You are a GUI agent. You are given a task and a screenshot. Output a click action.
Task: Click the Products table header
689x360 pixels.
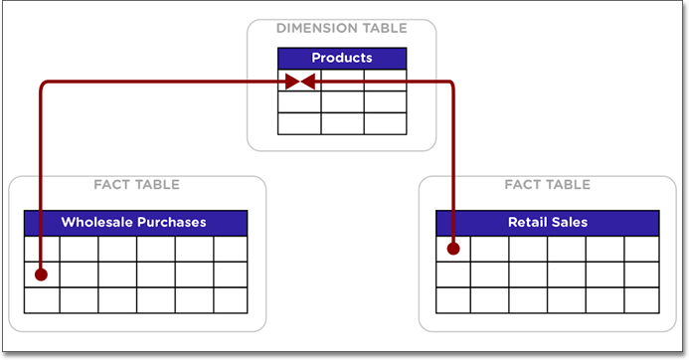[x=341, y=59]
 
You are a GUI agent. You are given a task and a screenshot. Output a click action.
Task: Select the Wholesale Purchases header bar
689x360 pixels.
[x=135, y=222]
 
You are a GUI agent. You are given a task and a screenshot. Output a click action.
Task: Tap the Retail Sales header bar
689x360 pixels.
[x=547, y=222]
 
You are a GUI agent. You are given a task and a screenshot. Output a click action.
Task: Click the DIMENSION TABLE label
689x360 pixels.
[x=341, y=29]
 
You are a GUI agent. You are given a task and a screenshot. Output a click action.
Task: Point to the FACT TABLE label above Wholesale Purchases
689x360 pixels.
[x=136, y=185]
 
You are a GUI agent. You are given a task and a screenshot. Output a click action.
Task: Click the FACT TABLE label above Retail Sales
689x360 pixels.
[x=547, y=185]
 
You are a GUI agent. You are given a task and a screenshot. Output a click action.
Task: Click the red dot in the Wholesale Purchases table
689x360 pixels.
[x=41, y=273]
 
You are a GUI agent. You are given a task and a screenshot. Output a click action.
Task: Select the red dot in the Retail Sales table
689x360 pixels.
[x=452, y=249]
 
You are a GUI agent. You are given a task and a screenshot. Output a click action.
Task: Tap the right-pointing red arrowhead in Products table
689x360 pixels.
[x=291, y=82]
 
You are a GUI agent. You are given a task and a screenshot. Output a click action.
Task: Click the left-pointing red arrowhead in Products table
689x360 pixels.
[x=308, y=82]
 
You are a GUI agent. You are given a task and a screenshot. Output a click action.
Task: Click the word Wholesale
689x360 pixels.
[x=97, y=222]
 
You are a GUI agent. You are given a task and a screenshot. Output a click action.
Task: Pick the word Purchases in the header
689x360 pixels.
[x=171, y=222]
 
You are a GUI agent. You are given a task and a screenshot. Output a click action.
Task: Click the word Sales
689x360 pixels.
[x=570, y=222]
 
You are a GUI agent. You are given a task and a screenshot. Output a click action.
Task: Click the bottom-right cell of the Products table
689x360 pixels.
[x=385, y=124]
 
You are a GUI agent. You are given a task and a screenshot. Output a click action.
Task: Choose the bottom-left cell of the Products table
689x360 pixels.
[x=298, y=124]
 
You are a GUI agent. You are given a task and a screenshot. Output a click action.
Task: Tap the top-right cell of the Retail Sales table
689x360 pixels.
[x=641, y=249]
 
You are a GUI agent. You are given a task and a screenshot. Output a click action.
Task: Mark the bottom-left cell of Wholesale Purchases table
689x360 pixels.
[x=41, y=299]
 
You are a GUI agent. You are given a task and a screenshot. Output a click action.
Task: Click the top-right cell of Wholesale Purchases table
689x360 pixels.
[x=230, y=249]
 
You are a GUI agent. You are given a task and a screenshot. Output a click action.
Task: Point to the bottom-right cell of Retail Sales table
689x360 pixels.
[x=641, y=299]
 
